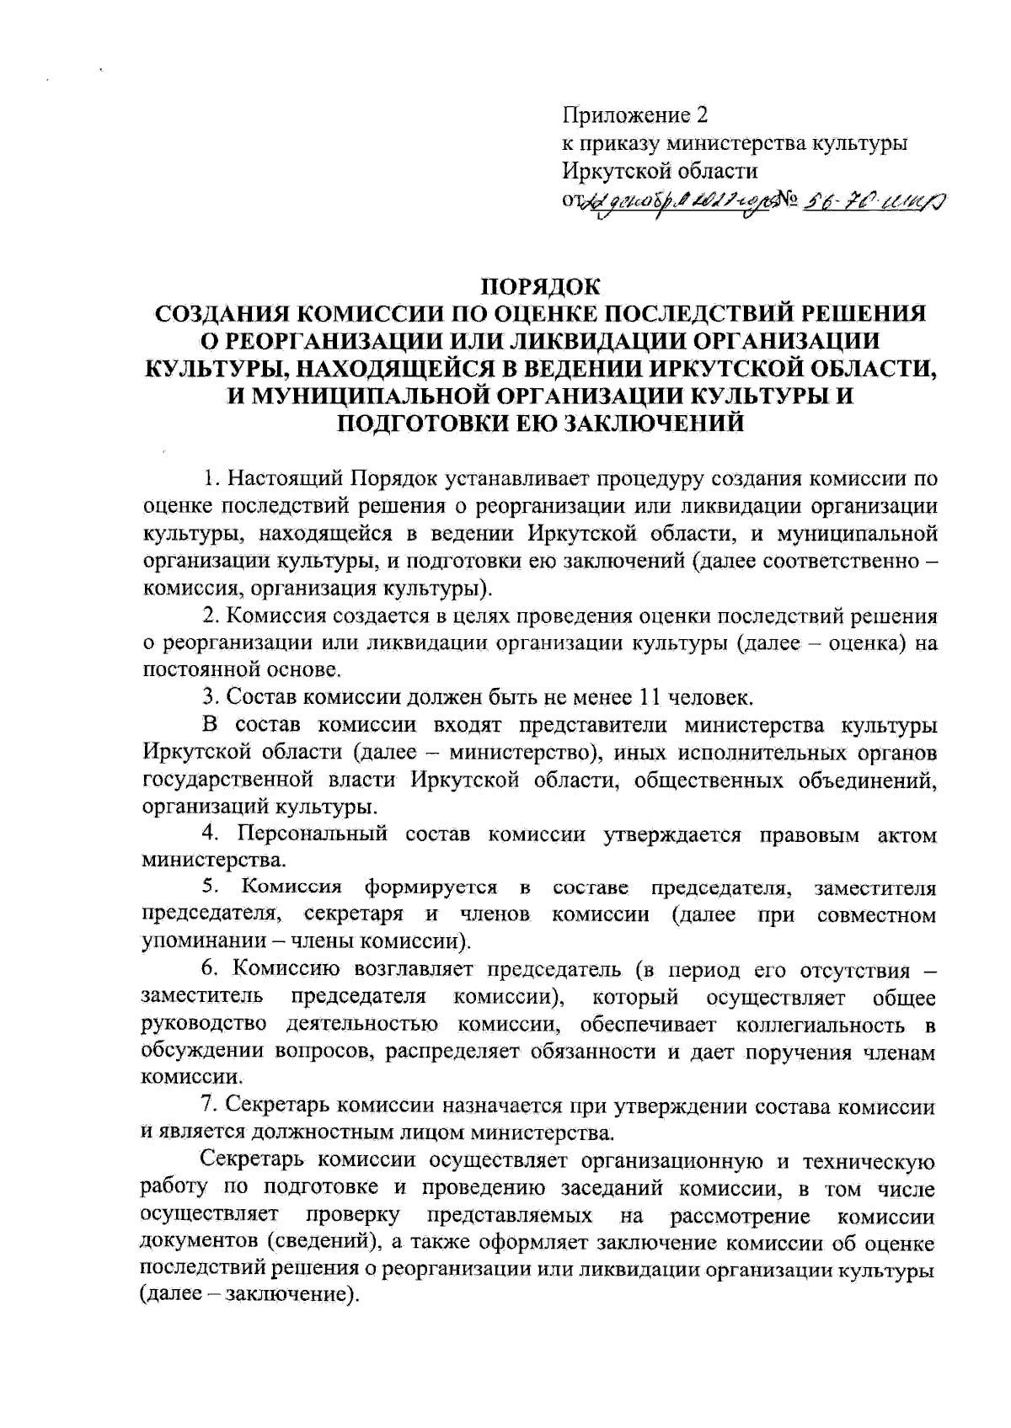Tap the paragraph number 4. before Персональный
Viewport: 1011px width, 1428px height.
pos(211,834)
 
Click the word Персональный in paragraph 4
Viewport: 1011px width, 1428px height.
pos(312,834)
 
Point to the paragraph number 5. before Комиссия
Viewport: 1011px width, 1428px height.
pos(211,887)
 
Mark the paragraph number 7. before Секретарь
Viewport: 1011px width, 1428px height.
pos(211,1104)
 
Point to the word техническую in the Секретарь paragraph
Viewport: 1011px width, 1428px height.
pos(869,1162)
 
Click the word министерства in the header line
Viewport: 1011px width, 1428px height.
pos(729,143)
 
